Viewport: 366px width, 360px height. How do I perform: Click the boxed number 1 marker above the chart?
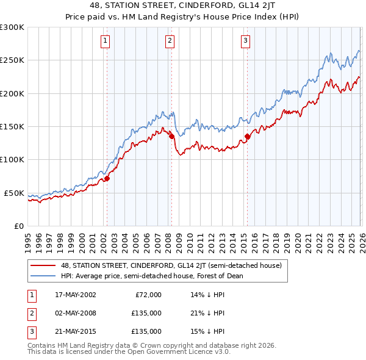tap(106, 41)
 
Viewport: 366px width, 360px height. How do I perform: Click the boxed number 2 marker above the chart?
tap(170, 41)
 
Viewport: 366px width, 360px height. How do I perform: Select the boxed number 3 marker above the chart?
tap(245, 41)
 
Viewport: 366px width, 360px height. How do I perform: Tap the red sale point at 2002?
tap(107, 178)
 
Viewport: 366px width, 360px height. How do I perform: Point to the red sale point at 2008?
tap(171, 137)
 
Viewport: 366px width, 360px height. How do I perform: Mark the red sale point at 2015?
tap(247, 137)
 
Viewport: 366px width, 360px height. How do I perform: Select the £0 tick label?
tap(17, 226)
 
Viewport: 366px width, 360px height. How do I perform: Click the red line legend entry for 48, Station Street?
tap(171, 265)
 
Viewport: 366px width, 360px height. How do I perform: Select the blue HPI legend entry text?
tap(152, 276)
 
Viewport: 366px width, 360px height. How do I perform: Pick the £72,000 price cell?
tap(148, 295)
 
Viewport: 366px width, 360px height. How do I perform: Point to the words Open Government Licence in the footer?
tap(176, 351)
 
